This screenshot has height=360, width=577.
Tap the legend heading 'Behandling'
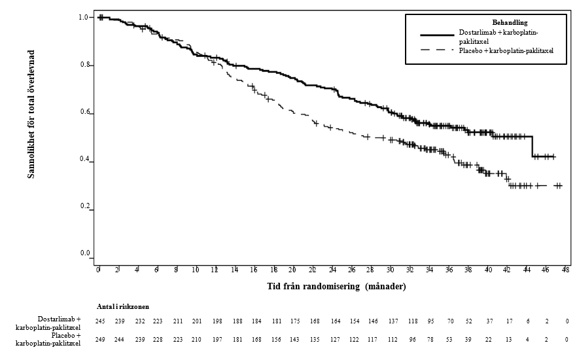coord(510,23)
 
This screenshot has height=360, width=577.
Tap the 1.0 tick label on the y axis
coord(84,17)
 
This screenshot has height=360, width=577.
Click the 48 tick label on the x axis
coord(566,269)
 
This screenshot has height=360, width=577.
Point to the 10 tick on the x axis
coord(196,269)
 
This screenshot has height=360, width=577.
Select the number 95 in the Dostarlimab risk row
coord(430,321)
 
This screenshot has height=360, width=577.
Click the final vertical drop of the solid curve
coord(533,147)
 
